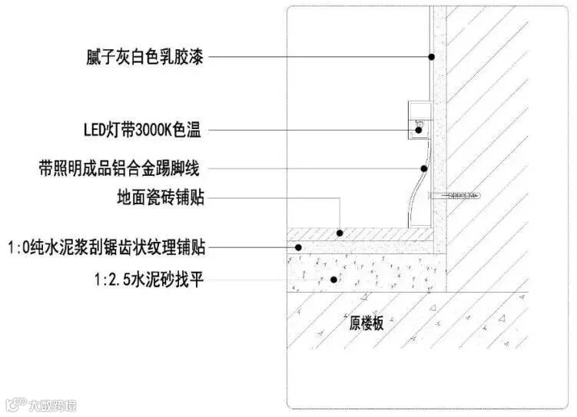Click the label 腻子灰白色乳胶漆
[x=144, y=56]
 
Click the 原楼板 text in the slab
[x=366, y=323]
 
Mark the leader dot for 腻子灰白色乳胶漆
[x=432, y=56]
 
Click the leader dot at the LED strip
[x=419, y=131]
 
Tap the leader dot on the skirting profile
[x=423, y=167]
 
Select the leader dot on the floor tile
[x=340, y=232]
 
